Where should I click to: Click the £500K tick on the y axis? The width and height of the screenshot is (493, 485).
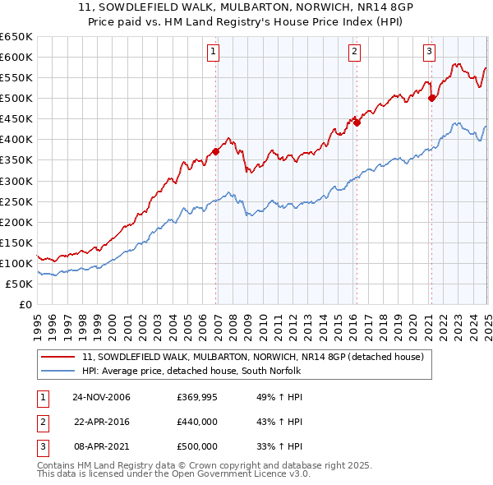[x=16, y=98]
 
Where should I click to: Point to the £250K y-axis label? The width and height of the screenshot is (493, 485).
[x=16, y=201]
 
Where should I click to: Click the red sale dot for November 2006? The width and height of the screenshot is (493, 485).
[x=216, y=151]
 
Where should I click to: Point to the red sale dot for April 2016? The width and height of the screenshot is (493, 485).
[x=357, y=122]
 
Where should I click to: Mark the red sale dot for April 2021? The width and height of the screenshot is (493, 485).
[x=432, y=98]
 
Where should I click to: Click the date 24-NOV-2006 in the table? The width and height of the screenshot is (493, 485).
[x=101, y=397]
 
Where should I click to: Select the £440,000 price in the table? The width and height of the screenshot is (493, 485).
[x=197, y=422]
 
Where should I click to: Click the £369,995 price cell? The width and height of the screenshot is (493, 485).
[x=197, y=397]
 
